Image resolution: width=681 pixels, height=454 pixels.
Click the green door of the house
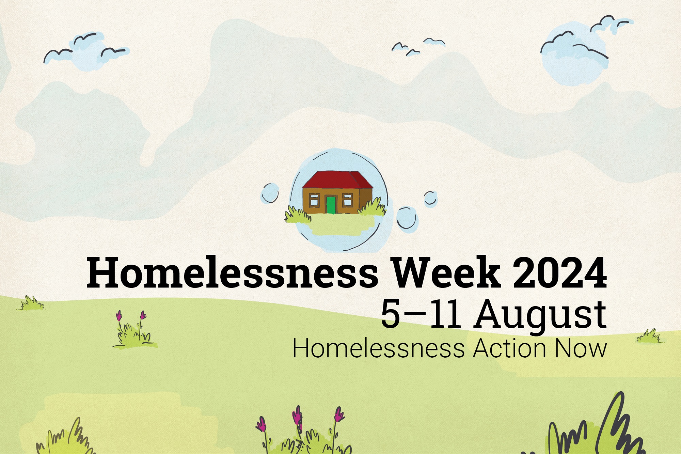pos(331,205)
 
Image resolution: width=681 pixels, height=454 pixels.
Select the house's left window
pos(314,200)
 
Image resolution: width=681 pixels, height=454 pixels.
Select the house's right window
pos(347,200)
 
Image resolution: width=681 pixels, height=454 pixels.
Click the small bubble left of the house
pos(270,193)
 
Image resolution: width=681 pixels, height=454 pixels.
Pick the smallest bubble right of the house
pos(430,199)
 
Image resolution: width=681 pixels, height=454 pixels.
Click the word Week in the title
pos(446,272)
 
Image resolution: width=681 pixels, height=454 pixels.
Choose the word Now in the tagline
pos(581,348)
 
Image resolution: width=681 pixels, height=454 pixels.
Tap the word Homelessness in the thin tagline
pos(378,348)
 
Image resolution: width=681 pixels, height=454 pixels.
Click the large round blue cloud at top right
pos(572,54)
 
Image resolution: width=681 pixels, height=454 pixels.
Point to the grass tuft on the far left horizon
pos(31,303)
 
